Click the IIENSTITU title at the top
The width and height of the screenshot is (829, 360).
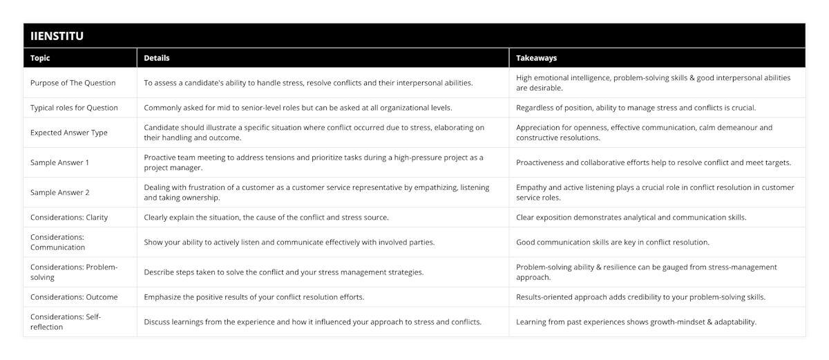[x=57, y=36]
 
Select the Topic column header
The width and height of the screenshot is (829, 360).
[x=40, y=58]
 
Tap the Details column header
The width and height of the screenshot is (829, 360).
[x=157, y=58]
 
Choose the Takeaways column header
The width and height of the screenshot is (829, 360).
[x=536, y=58]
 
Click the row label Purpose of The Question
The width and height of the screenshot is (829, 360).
[x=73, y=83]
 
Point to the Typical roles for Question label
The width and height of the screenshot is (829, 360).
[x=74, y=108]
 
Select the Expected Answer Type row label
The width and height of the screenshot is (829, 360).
[x=68, y=133]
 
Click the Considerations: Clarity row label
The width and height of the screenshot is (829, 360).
[x=69, y=217]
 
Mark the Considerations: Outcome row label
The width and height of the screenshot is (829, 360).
[x=74, y=297]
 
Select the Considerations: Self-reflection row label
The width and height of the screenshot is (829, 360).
[x=66, y=322]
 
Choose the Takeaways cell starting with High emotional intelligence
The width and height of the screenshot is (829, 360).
[x=653, y=83]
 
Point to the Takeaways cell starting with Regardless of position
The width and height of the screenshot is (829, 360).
[x=636, y=108]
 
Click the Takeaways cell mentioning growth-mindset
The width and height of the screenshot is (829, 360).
[x=636, y=322]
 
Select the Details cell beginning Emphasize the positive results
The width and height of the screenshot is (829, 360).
[x=254, y=297]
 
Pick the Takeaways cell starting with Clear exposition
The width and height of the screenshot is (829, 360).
[x=631, y=217]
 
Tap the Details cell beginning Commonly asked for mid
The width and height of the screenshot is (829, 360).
[x=298, y=108]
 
